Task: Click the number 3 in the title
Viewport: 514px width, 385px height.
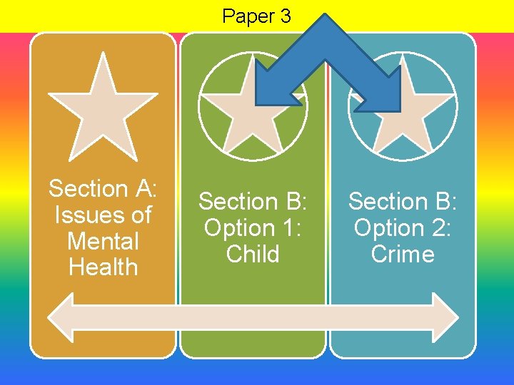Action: [x=285, y=16]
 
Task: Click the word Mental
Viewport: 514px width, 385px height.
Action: [x=103, y=241]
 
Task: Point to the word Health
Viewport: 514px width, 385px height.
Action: [x=103, y=267]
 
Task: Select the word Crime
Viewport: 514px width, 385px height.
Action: [x=403, y=255]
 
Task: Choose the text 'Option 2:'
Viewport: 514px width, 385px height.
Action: [x=403, y=228]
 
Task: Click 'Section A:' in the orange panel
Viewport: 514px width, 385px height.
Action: [x=103, y=189]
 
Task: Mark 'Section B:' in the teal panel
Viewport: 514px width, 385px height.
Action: [x=403, y=202]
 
